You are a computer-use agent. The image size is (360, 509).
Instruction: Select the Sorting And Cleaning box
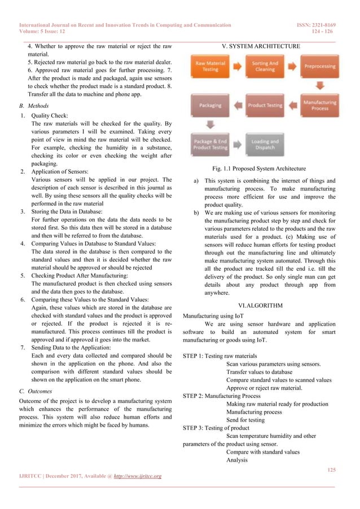point(264,66)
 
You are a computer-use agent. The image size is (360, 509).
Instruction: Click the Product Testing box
point(264,105)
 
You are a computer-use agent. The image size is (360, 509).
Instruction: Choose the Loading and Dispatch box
point(264,144)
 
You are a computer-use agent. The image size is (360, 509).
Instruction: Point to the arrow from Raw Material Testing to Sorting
point(236,66)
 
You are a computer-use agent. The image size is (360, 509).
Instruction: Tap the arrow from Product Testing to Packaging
point(236,105)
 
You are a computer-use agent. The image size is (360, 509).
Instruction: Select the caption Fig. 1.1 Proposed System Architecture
point(260,168)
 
